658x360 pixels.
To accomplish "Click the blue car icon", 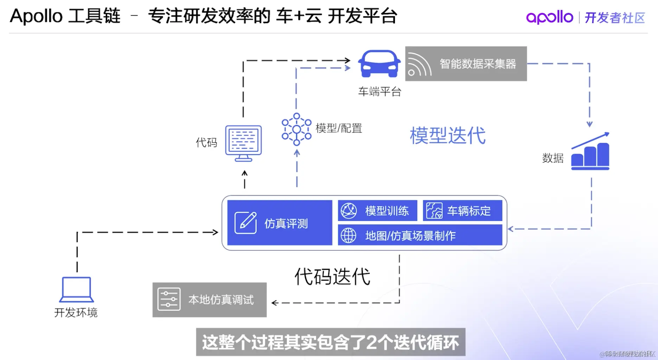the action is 379,63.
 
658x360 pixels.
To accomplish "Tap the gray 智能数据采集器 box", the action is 466,64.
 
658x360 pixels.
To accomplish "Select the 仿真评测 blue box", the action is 280,223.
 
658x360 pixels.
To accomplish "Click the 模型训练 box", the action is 377,211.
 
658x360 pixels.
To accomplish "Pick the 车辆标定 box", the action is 462,211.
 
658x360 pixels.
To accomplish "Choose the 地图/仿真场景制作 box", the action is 420,235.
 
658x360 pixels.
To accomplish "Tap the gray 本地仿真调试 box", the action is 209,300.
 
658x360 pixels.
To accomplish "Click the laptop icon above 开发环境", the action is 77,289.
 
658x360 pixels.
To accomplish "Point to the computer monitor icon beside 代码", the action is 243,143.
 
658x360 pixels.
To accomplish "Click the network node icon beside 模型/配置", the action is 296,129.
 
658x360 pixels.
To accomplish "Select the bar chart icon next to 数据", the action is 590,152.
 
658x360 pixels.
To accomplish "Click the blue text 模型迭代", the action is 447,136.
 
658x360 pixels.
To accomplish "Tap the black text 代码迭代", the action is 332,277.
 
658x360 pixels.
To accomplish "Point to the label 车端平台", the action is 379,92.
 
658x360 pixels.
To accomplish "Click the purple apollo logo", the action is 549,17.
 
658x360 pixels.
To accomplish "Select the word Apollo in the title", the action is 36,16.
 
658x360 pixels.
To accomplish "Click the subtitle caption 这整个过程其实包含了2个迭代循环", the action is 331,342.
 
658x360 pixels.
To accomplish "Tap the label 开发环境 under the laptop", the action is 76,312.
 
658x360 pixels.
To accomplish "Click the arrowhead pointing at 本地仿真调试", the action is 275,303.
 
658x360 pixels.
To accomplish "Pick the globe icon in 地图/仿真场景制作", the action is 348,235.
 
